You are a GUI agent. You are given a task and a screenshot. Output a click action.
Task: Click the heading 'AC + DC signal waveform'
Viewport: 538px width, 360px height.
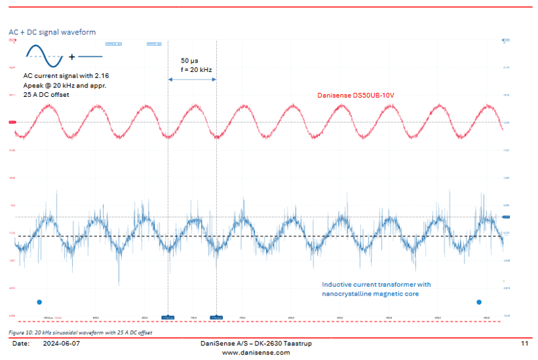coord(52,32)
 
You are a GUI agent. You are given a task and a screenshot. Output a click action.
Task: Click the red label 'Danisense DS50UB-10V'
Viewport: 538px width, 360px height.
coord(355,96)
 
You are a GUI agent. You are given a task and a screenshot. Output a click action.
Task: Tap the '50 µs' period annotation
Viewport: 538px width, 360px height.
coord(189,61)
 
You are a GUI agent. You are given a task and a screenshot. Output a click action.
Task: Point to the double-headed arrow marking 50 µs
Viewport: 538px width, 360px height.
coord(192,80)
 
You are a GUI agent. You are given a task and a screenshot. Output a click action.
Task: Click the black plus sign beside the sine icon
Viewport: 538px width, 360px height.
coord(71,57)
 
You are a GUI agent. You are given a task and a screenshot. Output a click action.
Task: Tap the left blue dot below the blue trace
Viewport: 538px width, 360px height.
coord(39,302)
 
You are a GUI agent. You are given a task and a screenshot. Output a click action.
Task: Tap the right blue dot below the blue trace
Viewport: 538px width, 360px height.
coord(479,302)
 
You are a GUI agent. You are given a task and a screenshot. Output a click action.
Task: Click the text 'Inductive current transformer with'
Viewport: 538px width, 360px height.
coord(376,284)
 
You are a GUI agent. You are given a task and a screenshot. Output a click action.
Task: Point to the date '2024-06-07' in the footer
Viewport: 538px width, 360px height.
coord(61,343)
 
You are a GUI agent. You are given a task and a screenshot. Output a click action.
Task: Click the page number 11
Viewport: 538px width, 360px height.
coord(525,343)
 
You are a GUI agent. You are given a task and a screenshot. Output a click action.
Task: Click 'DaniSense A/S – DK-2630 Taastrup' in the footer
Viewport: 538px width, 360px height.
coord(256,343)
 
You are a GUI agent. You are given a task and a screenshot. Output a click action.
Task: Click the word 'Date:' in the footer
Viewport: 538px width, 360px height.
coord(20,343)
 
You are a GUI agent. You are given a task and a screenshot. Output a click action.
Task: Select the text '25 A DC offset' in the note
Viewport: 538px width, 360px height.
coord(46,94)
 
